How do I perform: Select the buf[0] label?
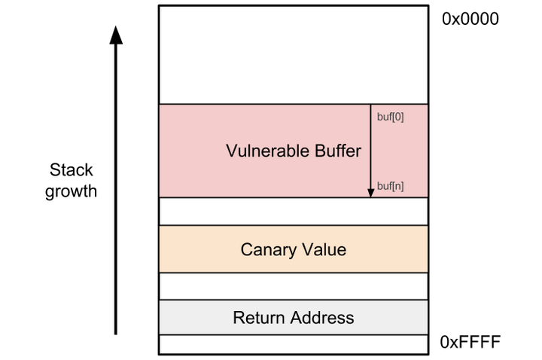390,117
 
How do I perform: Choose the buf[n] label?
390,186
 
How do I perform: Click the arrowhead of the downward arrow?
370,193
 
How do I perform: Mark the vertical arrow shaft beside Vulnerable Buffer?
370,151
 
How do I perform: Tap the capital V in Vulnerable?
231,151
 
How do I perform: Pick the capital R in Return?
238,318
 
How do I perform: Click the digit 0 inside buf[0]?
397,117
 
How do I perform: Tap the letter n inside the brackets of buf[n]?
397,186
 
